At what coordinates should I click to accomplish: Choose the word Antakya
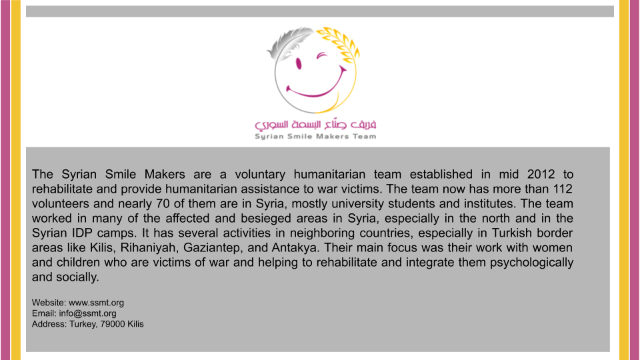pyautogui.click(x=291, y=247)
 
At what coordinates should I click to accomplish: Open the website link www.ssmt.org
pyautogui.click(x=97, y=303)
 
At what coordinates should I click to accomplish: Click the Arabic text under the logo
pyautogui.click(x=315, y=125)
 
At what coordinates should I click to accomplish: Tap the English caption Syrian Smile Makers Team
pyautogui.click(x=315, y=137)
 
